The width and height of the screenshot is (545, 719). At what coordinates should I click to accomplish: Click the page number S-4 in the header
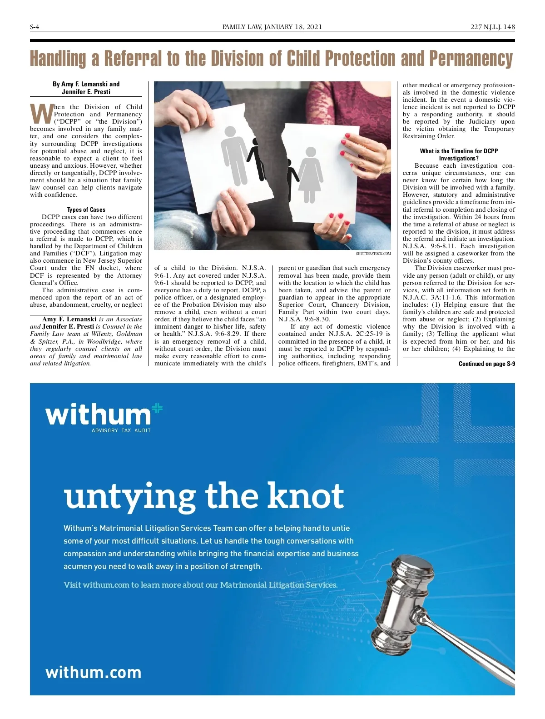pos(35,27)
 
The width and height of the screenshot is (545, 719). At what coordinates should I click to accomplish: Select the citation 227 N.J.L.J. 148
pos(492,27)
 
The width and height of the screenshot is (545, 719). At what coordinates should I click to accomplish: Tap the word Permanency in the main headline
pos(471,59)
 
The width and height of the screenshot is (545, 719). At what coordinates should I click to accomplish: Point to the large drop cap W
pos(41,114)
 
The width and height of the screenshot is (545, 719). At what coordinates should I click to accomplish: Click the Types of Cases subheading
pos(86,210)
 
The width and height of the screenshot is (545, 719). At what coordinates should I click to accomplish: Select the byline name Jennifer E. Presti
pos(86,91)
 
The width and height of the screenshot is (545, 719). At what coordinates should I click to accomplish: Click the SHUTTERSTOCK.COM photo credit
pos(373,254)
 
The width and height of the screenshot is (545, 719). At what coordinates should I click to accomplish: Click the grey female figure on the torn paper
pos(310,173)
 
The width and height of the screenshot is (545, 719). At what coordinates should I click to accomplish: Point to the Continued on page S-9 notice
pos(486,364)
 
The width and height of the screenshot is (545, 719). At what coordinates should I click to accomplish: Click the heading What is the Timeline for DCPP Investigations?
pos(459,155)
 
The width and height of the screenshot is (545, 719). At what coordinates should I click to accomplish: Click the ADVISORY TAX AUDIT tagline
pos(121,430)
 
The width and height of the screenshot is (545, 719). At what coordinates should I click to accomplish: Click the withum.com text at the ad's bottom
pos(94,672)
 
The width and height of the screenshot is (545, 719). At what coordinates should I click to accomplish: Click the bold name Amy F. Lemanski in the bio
pos(69,319)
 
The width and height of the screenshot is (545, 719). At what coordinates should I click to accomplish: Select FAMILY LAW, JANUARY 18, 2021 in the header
pos(272,27)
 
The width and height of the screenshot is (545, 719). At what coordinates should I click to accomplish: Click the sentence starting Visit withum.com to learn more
pos(201,584)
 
